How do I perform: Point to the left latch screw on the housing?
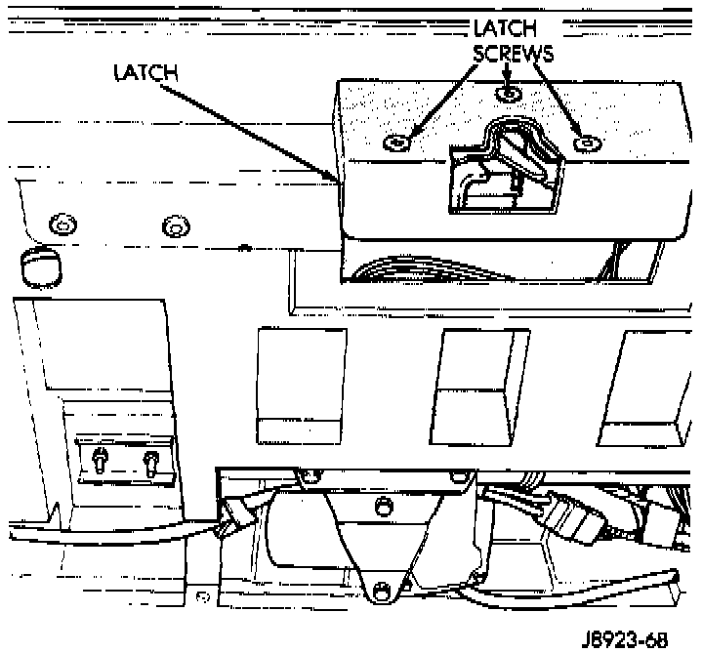[x=397, y=143]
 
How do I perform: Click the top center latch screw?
[x=506, y=94]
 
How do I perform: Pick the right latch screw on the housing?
[x=586, y=143]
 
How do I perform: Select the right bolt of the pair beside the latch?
[x=174, y=227]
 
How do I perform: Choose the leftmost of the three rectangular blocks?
[x=300, y=386]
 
